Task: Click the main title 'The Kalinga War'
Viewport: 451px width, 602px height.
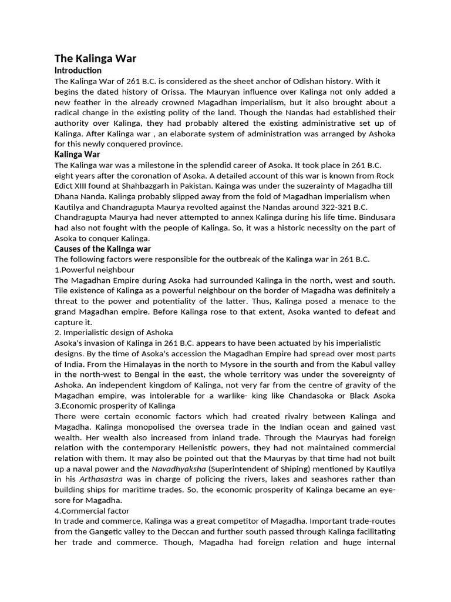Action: tap(95, 58)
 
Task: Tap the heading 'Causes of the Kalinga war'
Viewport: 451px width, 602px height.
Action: tap(103, 249)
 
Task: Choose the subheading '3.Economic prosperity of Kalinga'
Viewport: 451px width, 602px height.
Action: tap(115, 406)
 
